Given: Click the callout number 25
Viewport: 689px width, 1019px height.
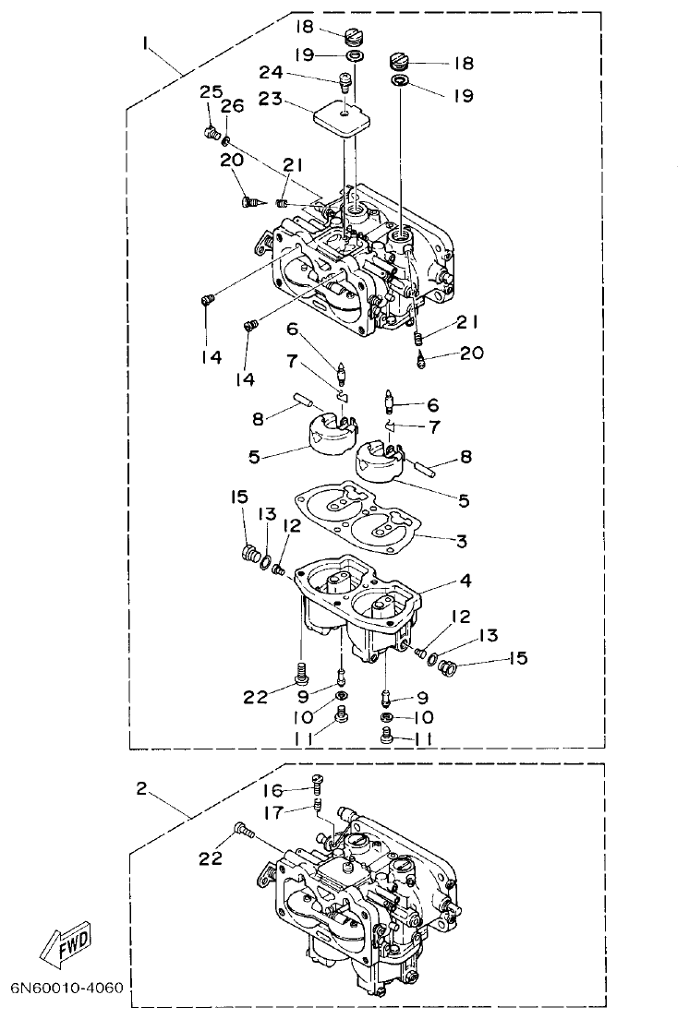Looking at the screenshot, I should pos(211,91).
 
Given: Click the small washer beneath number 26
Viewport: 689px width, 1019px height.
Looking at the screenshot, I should pos(226,141).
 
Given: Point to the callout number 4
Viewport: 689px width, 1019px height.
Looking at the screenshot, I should pos(465,582).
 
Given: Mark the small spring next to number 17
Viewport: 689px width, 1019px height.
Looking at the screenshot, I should pos(318,806).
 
